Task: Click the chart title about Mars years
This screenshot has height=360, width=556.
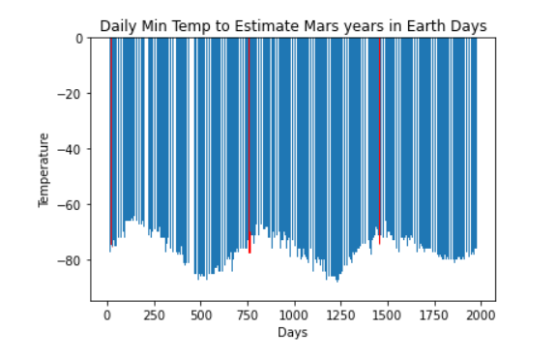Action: coord(293,25)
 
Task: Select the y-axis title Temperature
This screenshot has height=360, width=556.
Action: coord(44,169)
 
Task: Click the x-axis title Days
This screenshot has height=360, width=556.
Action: coord(293,333)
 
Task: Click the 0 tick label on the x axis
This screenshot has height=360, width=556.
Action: coord(107,315)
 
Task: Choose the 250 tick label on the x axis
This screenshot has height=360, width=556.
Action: coord(154,315)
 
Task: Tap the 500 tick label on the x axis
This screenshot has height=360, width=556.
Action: coord(201,315)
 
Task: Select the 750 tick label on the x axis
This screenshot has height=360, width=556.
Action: coord(248,315)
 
